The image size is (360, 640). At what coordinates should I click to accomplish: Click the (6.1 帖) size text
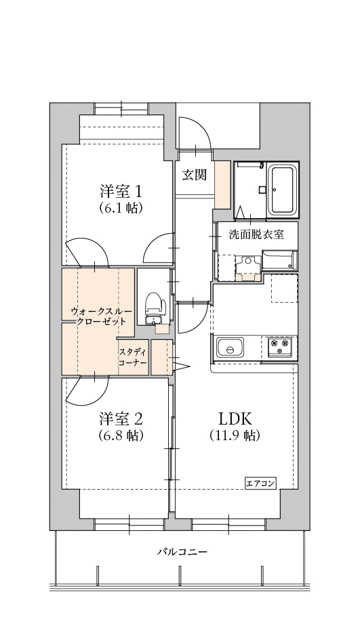(x=120, y=210)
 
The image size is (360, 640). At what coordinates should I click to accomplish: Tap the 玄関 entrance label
(x=194, y=174)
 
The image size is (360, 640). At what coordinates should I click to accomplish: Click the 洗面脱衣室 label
(x=256, y=234)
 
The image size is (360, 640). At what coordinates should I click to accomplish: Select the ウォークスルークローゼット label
(x=99, y=318)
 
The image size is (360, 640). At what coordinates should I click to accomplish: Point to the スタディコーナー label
(x=133, y=357)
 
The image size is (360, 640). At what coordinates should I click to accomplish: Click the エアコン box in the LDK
(x=260, y=483)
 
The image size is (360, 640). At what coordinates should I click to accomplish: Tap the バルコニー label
(x=180, y=552)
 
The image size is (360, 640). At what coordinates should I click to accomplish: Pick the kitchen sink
(x=230, y=349)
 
